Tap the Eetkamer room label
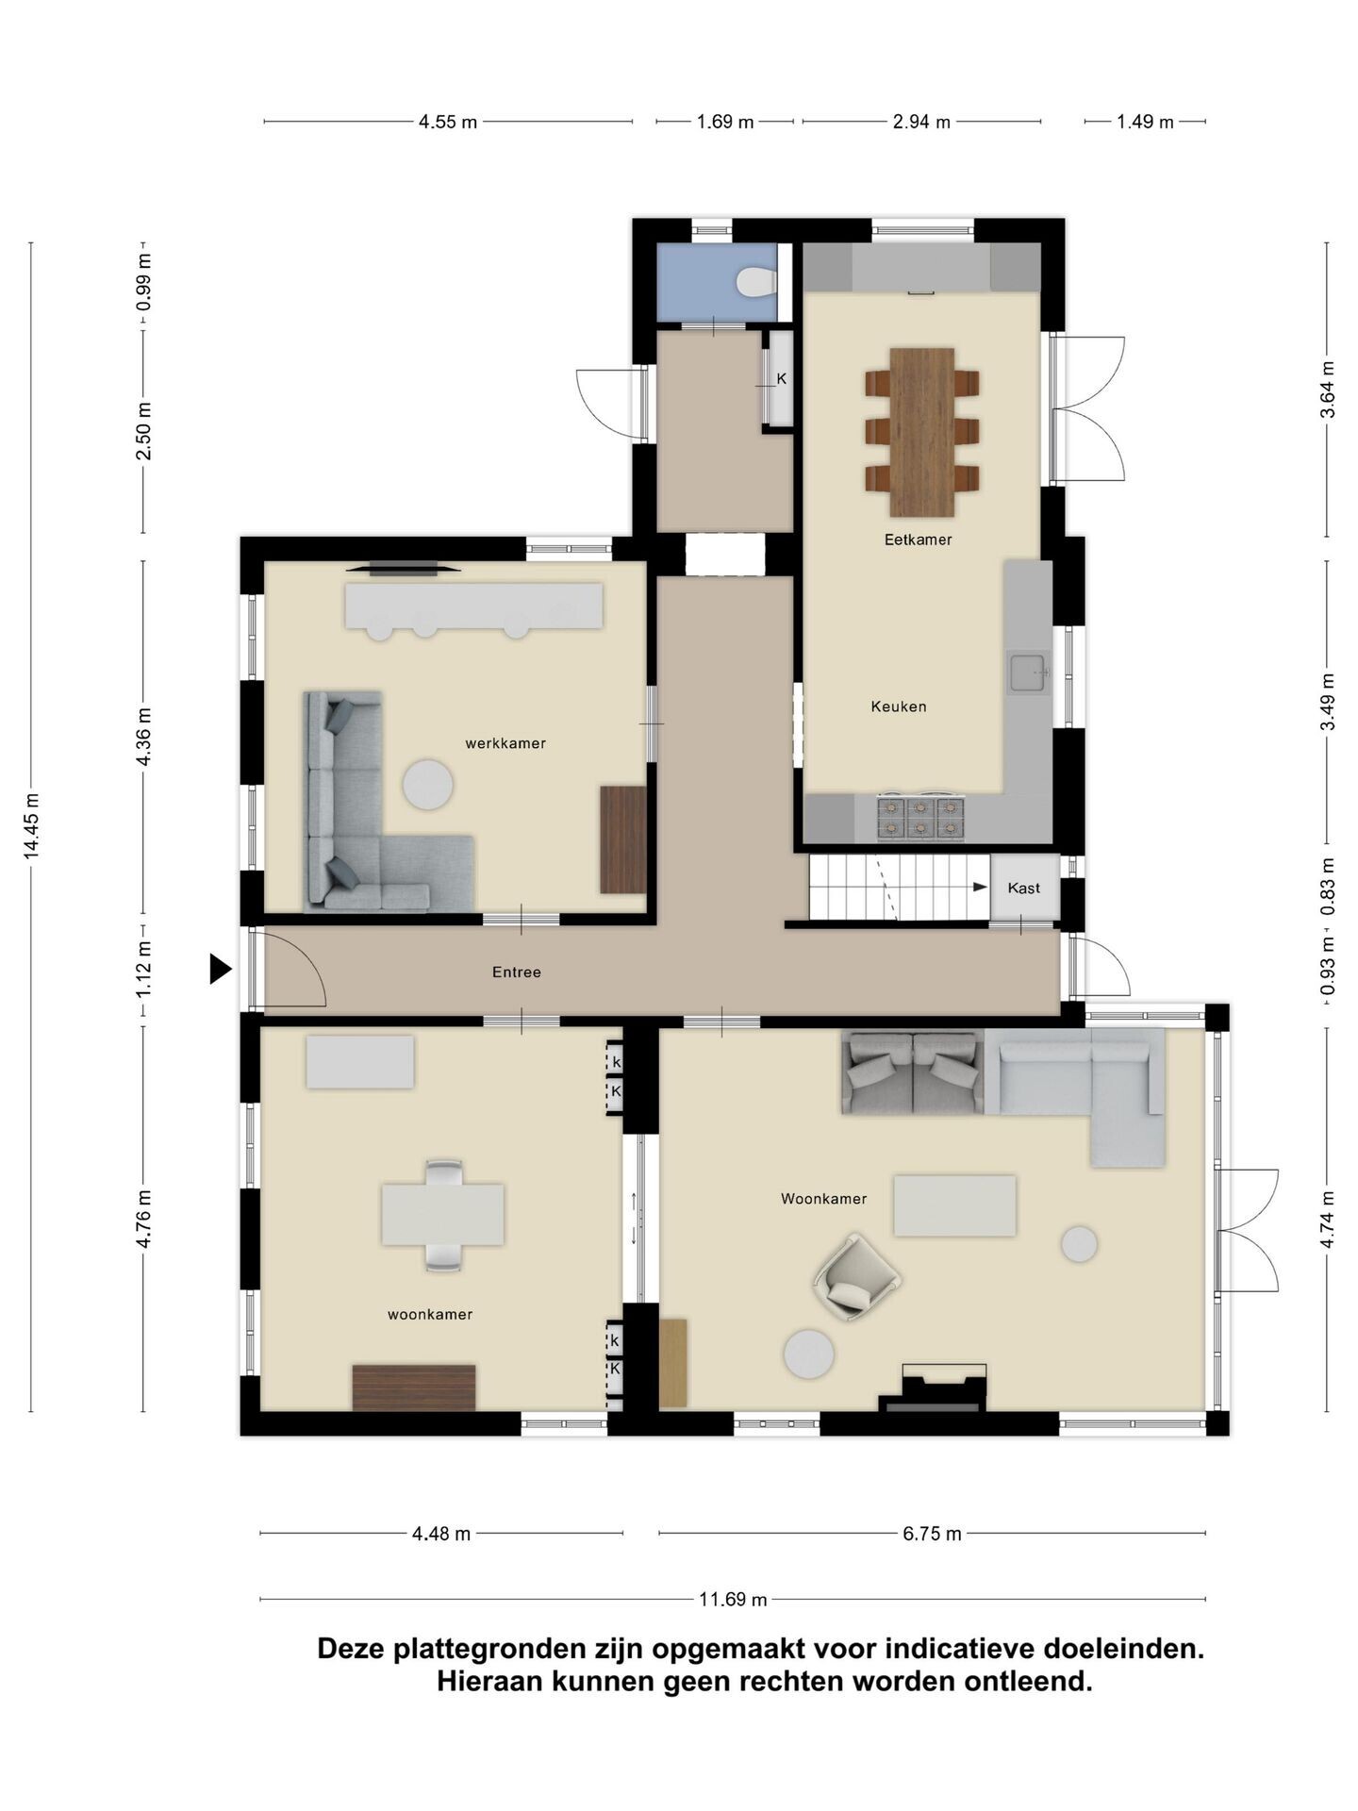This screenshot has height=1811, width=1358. (918, 540)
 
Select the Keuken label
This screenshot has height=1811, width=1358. (899, 706)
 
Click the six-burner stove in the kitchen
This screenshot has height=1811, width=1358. (921, 818)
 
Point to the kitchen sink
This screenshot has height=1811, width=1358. (1028, 673)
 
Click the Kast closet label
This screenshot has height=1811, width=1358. (1023, 888)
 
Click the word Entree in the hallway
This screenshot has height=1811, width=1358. (517, 972)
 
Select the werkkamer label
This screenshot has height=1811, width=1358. (505, 743)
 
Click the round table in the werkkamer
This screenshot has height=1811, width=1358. (427, 785)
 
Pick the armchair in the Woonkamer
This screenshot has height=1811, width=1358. (857, 1277)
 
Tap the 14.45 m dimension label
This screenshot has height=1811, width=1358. (32, 826)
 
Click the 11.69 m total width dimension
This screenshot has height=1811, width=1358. (733, 1599)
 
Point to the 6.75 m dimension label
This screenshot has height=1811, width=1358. (932, 1534)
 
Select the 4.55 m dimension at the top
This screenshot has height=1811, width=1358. (448, 122)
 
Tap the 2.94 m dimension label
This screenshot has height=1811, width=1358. (921, 122)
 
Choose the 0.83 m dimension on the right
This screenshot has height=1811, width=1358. (1328, 886)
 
